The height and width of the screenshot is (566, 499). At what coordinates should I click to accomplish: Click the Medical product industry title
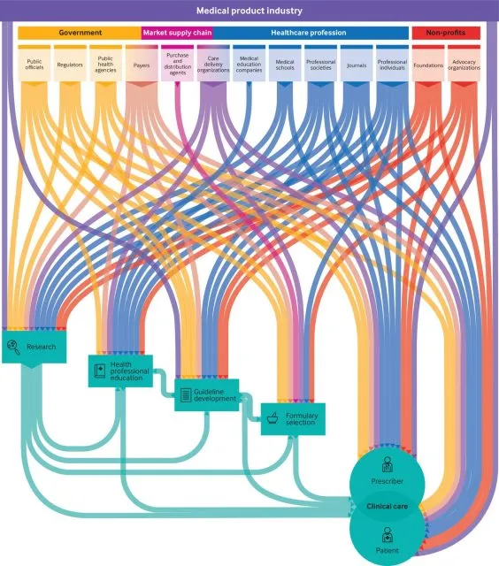click(x=249, y=11)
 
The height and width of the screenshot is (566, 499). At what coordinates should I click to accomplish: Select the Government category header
click(x=80, y=33)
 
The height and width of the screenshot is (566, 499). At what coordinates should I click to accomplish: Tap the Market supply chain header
click(x=177, y=33)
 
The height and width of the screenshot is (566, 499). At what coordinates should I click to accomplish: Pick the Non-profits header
click(x=446, y=33)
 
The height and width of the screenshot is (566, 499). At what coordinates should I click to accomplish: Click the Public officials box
click(x=34, y=64)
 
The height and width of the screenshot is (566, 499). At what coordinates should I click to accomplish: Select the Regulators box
click(x=70, y=64)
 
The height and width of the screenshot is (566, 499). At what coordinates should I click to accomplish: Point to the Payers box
click(x=142, y=64)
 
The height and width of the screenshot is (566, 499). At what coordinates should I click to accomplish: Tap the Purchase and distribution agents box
click(x=177, y=64)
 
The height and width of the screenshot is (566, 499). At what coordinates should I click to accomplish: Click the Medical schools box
click(x=285, y=64)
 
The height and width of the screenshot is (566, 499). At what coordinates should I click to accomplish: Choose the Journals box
click(x=357, y=64)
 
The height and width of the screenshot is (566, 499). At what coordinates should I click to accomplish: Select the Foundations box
click(x=428, y=64)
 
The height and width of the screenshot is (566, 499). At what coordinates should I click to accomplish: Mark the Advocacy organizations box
click(x=464, y=64)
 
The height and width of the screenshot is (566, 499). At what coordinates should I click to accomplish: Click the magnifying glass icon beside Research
click(x=13, y=347)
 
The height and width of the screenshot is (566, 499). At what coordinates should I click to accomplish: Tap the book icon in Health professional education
click(x=100, y=371)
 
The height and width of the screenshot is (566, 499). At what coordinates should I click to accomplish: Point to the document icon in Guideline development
click(x=186, y=395)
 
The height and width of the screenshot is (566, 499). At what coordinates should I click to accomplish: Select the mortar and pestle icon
click(x=273, y=418)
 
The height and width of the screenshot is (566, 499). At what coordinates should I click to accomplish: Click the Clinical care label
click(x=387, y=507)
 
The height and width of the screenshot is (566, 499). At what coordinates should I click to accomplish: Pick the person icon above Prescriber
click(x=387, y=464)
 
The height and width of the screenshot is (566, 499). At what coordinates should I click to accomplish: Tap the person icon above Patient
click(x=387, y=535)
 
